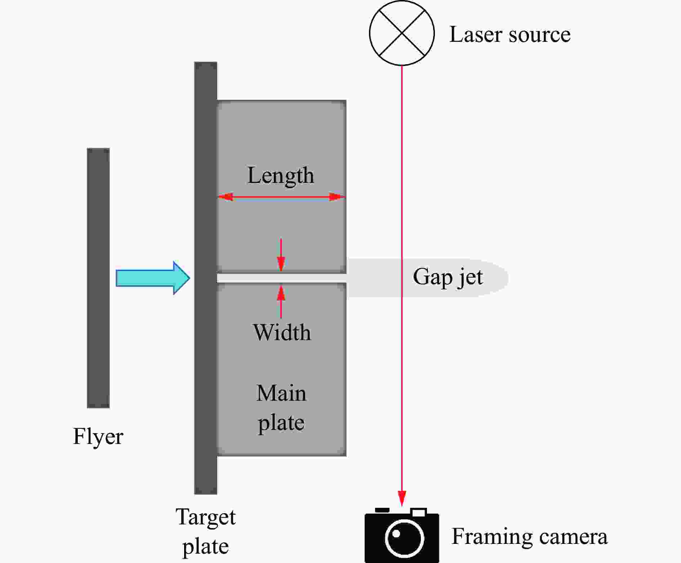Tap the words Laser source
(x=509, y=35)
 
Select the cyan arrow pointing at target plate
(x=153, y=278)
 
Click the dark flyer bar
(x=98, y=278)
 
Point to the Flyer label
(x=98, y=436)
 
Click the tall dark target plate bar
(x=206, y=278)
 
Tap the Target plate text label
(x=206, y=531)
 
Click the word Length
(x=281, y=176)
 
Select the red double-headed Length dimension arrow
(x=281, y=197)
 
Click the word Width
(x=282, y=332)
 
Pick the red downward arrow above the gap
(x=281, y=255)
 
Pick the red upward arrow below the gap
(x=281, y=301)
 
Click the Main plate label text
(x=281, y=408)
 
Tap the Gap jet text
(x=448, y=277)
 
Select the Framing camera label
(x=530, y=536)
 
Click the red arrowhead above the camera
(x=402, y=498)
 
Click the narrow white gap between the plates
(x=281, y=278)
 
